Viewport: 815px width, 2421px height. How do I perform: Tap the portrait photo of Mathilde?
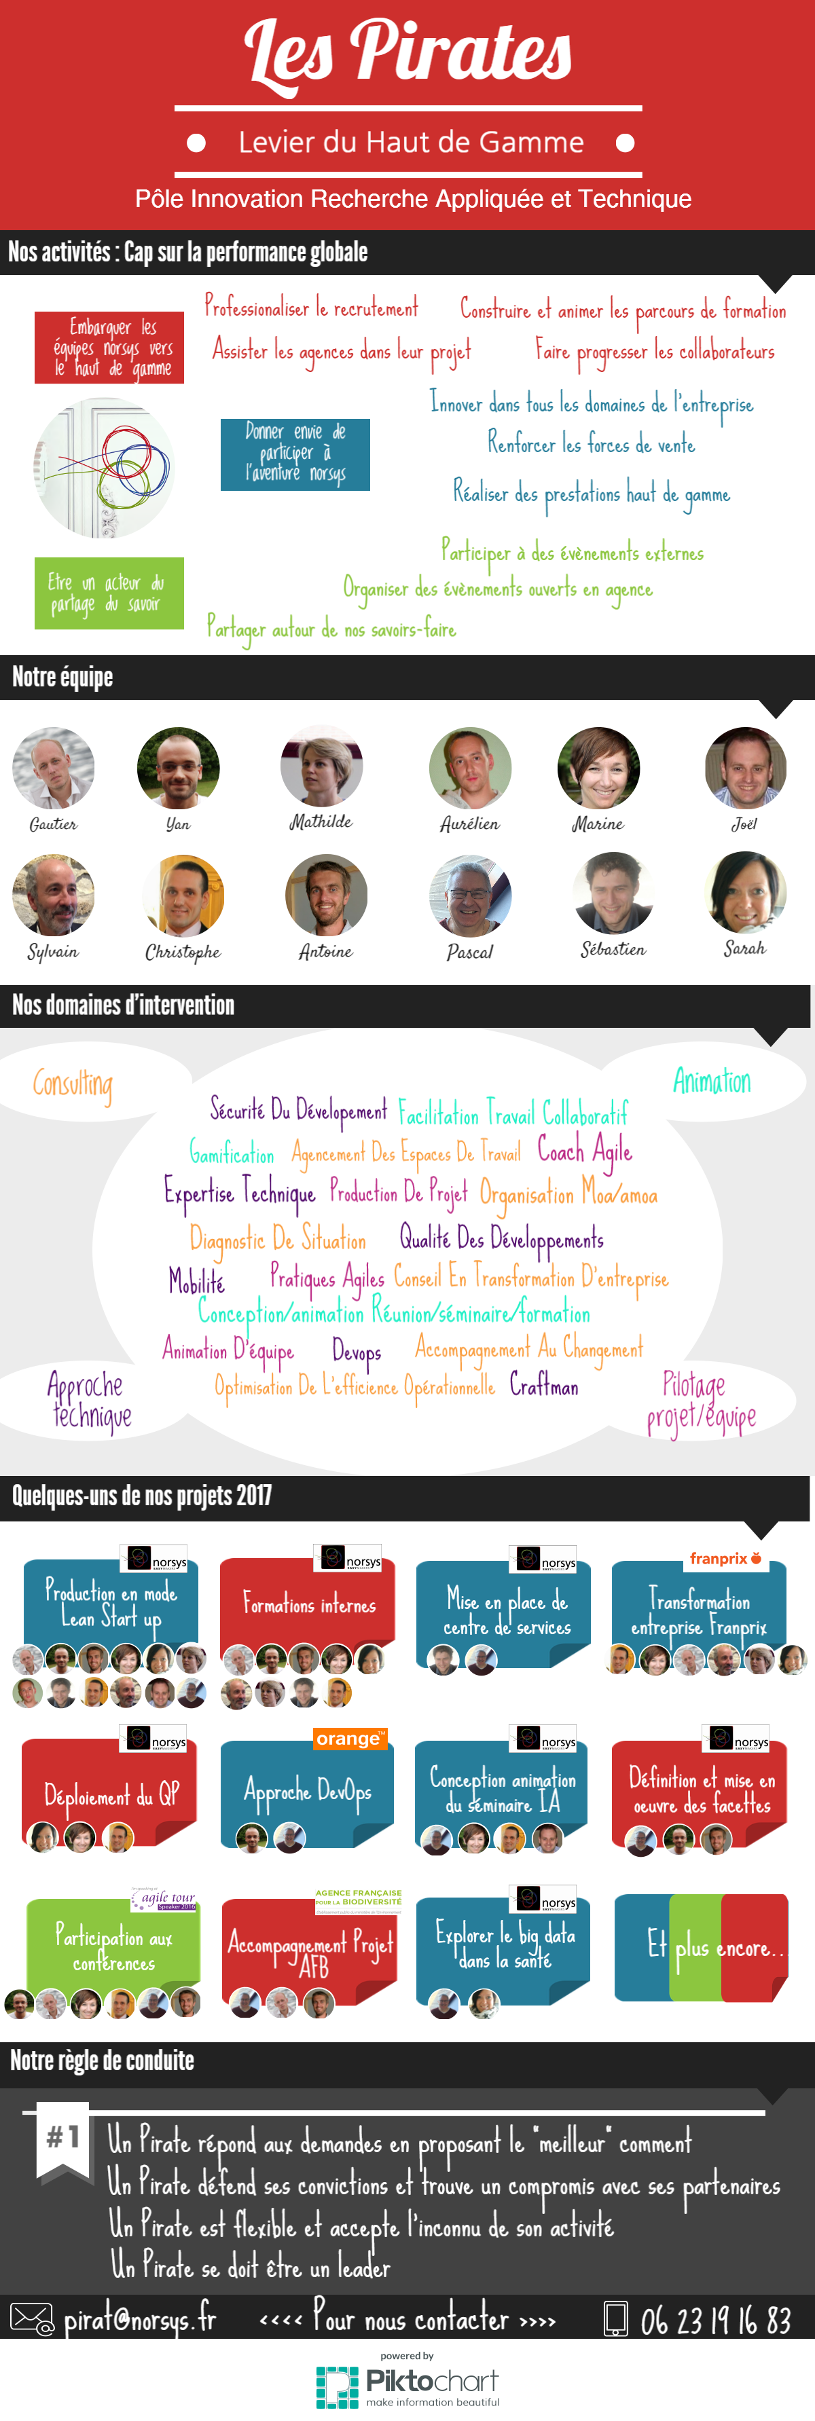pyautogui.click(x=321, y=764)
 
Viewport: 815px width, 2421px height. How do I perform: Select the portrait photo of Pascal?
pyautogui.click(x=470, y=895)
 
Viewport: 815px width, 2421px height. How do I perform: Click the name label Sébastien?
pyautogui.click(x=613, y=949)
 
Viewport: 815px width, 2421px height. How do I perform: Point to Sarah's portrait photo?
pyautogui.click(x=744, y=891)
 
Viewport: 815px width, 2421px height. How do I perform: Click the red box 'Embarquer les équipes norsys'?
pyautogui.click(x=109, y=347)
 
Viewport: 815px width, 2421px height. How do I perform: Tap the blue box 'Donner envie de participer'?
pyautogui.click(x=295, y=454)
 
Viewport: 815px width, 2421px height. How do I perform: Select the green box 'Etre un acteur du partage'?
pyautogui.click(x=109, y=593)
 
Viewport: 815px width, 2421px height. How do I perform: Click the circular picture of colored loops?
pyautogui.click(x=105, y=467)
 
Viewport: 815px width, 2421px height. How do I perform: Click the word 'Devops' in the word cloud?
pyautogui.click(x=357, y=1352)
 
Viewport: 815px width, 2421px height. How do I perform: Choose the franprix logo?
pyautogui.click(x=725, y=1558)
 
